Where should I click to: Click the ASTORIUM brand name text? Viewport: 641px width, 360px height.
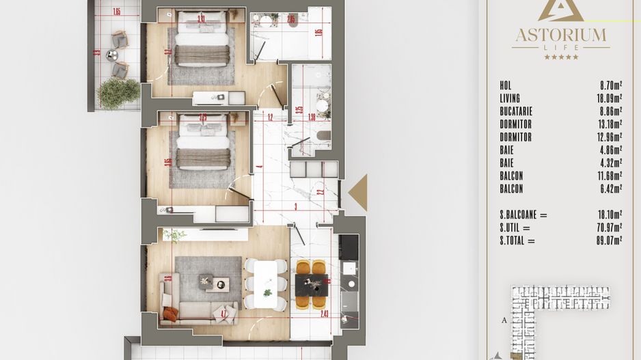point(560,34)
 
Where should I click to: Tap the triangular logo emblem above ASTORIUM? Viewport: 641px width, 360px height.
point(560,10)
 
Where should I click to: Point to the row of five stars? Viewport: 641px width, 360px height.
point(560,57)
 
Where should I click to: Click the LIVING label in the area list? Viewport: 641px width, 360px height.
point(510,98)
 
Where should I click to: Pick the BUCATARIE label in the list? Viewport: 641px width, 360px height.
point(516,111)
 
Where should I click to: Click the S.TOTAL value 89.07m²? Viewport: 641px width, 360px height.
point(608,240)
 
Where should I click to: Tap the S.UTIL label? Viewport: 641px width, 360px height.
point(515,227)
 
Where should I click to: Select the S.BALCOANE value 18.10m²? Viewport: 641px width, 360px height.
point(608,214)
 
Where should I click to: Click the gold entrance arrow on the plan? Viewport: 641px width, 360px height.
point(359,192)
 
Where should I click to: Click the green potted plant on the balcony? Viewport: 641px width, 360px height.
point(118,92)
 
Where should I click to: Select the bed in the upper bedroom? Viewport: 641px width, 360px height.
point(202,41)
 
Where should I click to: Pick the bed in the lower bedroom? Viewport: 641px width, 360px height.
point(202,143)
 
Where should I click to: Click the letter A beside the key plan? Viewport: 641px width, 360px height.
point(504,319)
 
